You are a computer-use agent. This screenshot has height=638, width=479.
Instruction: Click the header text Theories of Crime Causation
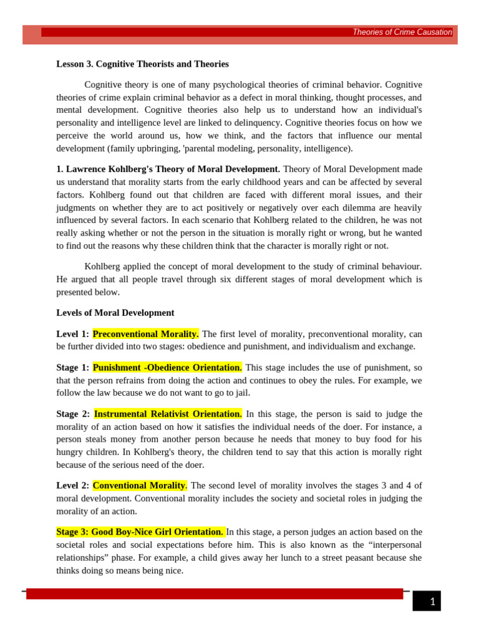402,32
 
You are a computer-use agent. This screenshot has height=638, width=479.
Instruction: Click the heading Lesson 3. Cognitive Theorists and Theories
142,64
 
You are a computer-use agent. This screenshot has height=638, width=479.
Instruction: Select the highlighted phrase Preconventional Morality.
146,334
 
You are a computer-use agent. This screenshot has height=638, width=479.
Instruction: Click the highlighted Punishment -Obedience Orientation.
168,368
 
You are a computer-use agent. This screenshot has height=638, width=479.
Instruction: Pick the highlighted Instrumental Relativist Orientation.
168,414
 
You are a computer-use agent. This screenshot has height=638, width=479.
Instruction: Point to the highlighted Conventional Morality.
140,485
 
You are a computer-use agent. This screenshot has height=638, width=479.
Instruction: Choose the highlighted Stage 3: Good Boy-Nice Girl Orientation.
140,531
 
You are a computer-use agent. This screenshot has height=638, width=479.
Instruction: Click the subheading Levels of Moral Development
115,313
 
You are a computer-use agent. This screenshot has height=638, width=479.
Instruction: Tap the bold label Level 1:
73,334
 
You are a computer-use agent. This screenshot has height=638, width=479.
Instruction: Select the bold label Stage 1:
73,368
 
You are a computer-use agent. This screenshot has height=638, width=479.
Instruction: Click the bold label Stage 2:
73,414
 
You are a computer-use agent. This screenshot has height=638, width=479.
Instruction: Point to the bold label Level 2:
73,485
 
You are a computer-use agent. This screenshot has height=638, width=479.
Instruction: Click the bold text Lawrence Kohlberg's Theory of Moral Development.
168,169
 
